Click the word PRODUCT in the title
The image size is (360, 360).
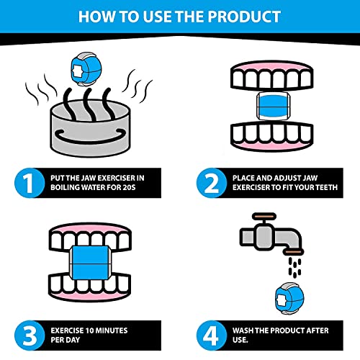[x=244, y=17]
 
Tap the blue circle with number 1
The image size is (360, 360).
[x=30, y=183]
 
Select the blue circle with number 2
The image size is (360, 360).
[x=212, y=183]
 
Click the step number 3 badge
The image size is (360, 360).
[x=30, y=336]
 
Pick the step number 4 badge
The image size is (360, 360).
[x=212, y=336]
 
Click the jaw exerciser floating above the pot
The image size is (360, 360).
[x=86, y=70]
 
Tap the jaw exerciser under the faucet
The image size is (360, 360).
[x=289, y=298]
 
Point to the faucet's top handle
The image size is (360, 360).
[x=264, y=216]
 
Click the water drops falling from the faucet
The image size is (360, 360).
[x=294, y=266]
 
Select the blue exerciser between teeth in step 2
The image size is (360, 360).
[x=274, y=106]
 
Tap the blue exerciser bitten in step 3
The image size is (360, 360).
[x=90, y=263]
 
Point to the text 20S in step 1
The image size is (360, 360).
[x=129, y=187]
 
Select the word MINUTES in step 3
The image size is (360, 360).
[x=112, y=330]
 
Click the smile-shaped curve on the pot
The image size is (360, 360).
[x=90, y=138]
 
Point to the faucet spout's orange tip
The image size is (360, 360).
[x=293, y=252]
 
